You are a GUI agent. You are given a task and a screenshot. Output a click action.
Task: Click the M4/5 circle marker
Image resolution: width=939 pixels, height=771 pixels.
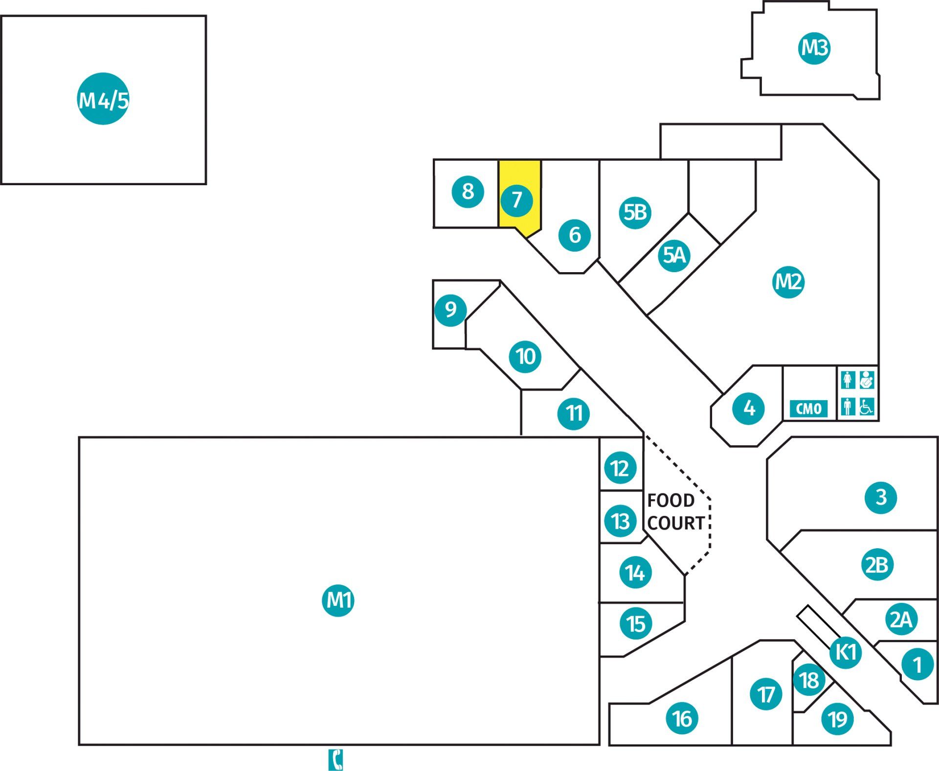pyautogui.click(x=103, y=99)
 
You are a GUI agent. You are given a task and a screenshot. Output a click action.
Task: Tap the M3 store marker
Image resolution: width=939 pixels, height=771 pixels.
pyautogui.click(x=814, y=48)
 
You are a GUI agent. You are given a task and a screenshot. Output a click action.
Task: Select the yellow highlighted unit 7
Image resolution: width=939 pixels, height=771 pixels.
pyautogui.click(x=519, y=198)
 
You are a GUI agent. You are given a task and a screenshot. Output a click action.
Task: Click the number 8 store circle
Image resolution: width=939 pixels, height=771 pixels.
pyautogui.click(x=468, y=192)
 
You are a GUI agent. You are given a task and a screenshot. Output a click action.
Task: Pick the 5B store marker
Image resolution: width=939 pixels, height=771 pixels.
pyautogui.click(x=635, y=213)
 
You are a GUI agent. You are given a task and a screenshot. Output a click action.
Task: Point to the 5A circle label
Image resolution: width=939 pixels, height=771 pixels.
pyautogui.click(x=674, y=255)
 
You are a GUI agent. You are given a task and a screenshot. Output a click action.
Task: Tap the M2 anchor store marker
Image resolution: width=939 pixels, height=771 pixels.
pyautogui.click(x=788, y=282)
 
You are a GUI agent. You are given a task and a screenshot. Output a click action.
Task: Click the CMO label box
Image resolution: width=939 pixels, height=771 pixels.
pyautogui.click(x=808, y=408)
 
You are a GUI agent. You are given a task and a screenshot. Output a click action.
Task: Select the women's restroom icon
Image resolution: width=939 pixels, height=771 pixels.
pyautogui.click(x=848, y=380)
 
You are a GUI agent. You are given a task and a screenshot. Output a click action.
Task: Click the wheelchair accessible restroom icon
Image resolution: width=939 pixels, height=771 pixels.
pyautogui.click(x=867, y=407)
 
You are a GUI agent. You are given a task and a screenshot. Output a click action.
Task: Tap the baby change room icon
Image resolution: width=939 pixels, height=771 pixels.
pyautogui.click(x=867, y=380)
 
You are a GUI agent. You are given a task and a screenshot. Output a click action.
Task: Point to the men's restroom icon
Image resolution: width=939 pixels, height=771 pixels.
pyautogui.click(x=848, y=407)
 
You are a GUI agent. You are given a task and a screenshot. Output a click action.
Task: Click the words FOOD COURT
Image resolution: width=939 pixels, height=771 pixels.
pyautogui.click(x=675, y=512)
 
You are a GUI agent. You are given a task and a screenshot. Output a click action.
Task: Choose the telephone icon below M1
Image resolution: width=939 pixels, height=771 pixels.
pyautogui.click(x=335, y=760)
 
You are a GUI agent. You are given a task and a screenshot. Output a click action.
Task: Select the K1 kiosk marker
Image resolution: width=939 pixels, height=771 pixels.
pyautogui.click(x=846, y=652)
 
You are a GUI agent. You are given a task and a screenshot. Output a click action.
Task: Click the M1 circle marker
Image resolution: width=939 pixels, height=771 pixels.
pyautogui.click(x=338, y=600)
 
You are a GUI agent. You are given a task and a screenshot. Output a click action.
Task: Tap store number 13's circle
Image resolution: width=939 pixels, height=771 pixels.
pyautogui.click(x=620, y=521)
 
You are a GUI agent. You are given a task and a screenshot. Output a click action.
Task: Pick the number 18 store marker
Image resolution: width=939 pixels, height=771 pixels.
pyautogui.click(x=809, y=680)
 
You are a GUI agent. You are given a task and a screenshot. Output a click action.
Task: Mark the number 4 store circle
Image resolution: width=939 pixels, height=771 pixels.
pyautogui.click(x=749, y=408)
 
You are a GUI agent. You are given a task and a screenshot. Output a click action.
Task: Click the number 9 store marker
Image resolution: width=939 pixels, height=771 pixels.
pyautogui.click(x=450, y=310)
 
